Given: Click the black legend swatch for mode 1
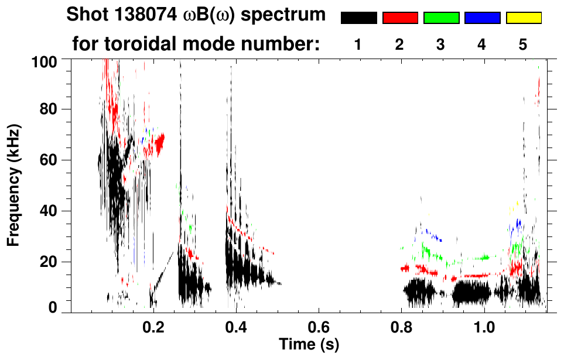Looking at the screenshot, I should pyautogui.click(x=358, y=18).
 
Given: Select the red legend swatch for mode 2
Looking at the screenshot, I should pyautogui.click(x=400, y=18).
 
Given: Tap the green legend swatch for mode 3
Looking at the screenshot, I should pyautogui.click(x=441, y=18).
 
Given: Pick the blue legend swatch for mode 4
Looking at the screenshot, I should pyautogui.click(x=482, y=18).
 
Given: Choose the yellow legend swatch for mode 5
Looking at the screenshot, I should pyautogui.click(x=523, y=18).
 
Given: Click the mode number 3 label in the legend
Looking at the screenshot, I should pyautogui.click(x=440, y=44).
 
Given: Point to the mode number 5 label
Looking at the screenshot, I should pyautogui.click(x=523, y=44).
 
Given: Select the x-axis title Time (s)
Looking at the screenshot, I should pyautogui.click(x=309, y=344).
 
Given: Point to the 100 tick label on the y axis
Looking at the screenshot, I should pyautogui.click(x=43, y=60).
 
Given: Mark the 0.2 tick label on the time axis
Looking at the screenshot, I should pyautogui.click(x=153, y=327).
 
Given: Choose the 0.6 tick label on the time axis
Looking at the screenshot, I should pyautogui.click(x=319, y=327).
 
